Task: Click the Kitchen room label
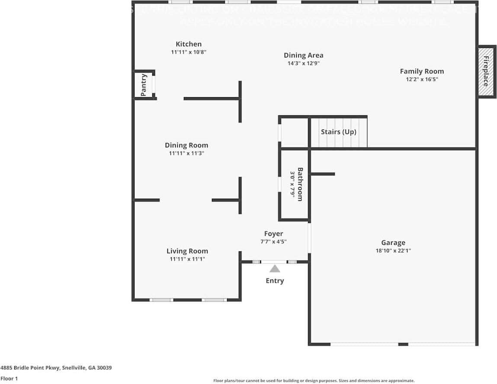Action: click(x=189, y=44)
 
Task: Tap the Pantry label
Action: click(x=144, y=85)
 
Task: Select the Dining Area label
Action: click(x=303, y=55)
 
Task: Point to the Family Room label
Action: click(x=422, y=71)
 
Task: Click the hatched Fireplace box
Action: click(x=486, y=72)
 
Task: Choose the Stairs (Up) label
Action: click(x=339, y=132)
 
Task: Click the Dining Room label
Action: click(x=186, y=145)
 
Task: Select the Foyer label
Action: click(x=274, y=234)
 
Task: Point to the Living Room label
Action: click(x=187, y=251)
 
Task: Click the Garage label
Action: click(x=393, y=243)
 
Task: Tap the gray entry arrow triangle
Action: click(x=275, y=269)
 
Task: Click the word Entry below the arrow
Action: click(x=275, y=281)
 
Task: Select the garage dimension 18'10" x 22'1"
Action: click(x=393, y=251)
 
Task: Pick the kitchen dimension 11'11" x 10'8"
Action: click(x=189, y=52)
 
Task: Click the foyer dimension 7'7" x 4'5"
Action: click(x=274, y=242)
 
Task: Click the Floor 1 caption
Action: click(x=9, y=378)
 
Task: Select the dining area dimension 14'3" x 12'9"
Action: click(x=303, y=63)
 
